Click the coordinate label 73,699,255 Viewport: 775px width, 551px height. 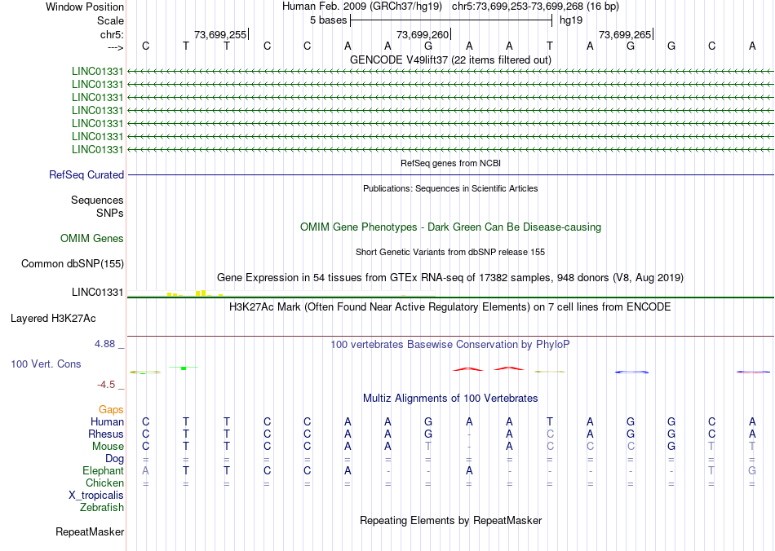coord(219,34)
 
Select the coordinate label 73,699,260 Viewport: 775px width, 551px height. coord(422,34)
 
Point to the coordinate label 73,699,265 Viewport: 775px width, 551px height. coord(625,34)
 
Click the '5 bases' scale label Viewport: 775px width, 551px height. coord(328,20)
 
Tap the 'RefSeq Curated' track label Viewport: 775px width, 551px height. coord(86,174)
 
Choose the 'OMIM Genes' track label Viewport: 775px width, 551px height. coord(92,238)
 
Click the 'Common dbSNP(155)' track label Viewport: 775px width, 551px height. coord(72,263)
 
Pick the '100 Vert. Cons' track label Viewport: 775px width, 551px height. coord(46,364)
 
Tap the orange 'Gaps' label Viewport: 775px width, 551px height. coord(111,409)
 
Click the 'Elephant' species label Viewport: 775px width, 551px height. coord(103,470)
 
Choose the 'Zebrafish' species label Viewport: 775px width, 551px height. coord(102,507)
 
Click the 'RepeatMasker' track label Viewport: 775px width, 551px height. coord(90,532)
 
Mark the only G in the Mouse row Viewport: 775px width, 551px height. coord(671,446)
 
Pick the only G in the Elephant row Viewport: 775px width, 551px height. coord(752,470)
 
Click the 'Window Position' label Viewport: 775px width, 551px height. coord(85,7)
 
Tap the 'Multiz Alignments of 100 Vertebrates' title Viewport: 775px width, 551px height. coord(450,398)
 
